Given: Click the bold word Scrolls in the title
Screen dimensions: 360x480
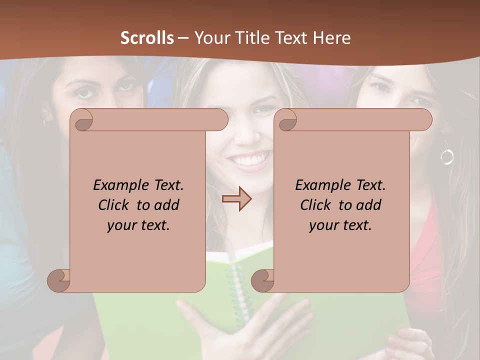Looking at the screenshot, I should [147, 38].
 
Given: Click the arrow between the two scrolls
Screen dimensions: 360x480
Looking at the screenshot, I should [236, 199].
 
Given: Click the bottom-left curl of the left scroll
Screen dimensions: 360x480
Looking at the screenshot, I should [59, 280].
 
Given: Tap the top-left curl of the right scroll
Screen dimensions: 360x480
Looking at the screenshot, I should [287, 120].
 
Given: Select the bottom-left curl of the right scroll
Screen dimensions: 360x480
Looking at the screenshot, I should [262, 280].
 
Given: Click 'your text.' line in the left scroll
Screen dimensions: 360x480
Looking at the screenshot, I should [138, 225].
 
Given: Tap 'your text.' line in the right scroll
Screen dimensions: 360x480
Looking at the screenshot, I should [340, 225].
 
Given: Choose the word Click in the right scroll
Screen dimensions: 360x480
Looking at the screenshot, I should [315, 205].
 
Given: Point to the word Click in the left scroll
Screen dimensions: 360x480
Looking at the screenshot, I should [113, 205].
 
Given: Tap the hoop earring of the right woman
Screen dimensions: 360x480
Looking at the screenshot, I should [446, 156].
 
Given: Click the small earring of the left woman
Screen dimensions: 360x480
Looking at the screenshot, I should [46, 122].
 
